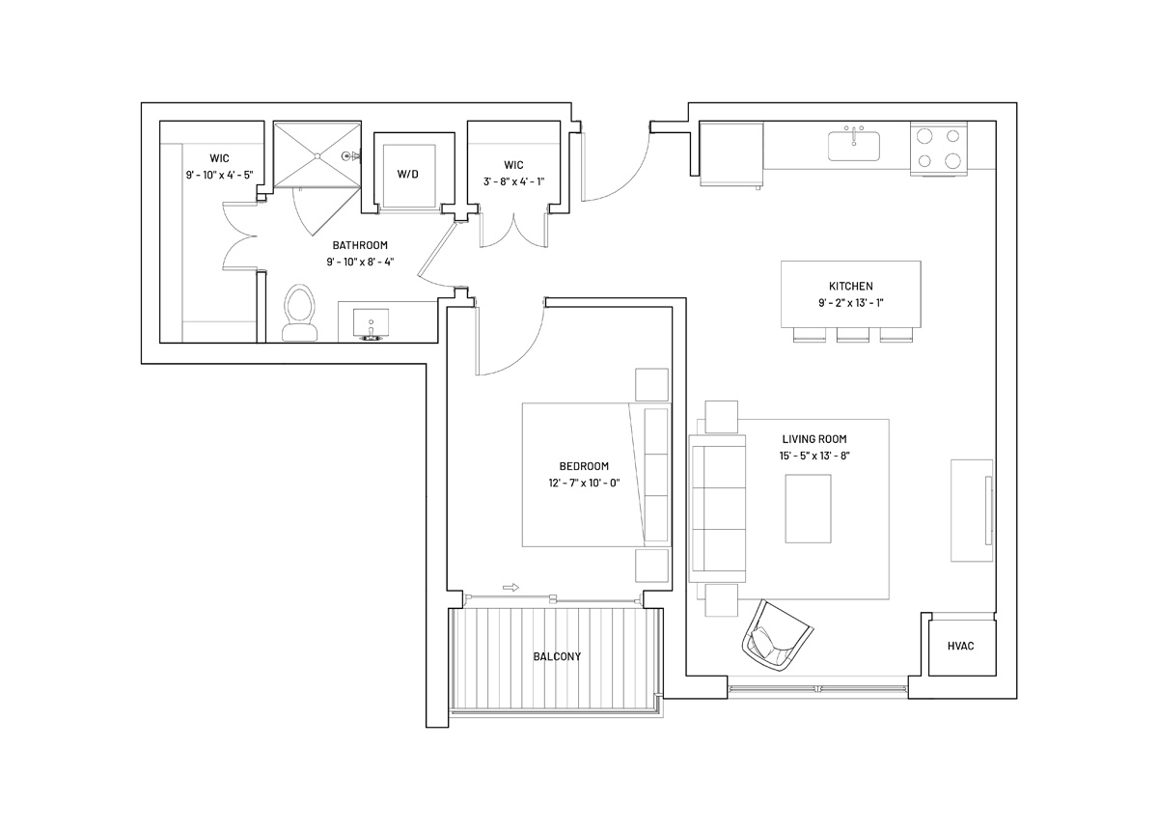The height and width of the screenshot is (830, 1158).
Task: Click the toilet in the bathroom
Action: [299, 313]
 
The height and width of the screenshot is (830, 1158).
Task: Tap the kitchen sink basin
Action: [853, 147]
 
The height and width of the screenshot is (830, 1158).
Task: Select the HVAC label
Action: [960, 646]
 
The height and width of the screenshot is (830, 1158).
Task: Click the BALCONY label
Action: [557, 656]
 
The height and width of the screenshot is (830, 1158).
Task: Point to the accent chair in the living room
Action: [777, 636]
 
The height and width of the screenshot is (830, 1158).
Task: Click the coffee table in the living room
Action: [808, 509]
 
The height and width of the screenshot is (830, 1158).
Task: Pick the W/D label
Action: [407, 175]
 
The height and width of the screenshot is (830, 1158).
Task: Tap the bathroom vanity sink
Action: [371, 325]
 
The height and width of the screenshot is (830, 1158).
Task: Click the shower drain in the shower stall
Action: [317, 155]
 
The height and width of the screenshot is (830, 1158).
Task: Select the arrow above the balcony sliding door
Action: [510, 588]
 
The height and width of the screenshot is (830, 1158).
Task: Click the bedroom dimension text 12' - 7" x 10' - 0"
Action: [584, 484]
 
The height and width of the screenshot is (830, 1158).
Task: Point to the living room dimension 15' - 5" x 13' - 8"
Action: [814, 456]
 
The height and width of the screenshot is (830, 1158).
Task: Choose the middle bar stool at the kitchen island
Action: [852, 335]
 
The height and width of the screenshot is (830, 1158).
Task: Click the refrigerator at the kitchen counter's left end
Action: [731, 154]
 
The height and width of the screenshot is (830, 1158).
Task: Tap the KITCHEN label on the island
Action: [851, 286]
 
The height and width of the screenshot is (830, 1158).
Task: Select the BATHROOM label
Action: [360, 245]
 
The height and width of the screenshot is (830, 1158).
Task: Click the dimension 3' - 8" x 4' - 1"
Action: [513, 182]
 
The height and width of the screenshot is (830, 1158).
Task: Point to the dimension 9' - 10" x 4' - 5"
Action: [220, 175]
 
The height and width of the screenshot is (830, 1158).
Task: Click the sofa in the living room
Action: [717, 509]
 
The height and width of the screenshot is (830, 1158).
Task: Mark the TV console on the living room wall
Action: [972, 511]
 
